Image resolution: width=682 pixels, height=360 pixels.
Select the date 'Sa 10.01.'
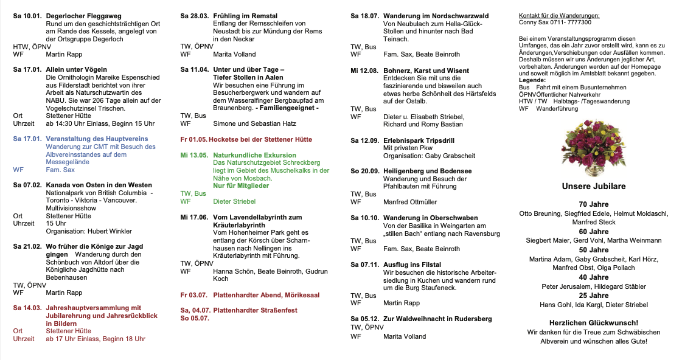[27, 16]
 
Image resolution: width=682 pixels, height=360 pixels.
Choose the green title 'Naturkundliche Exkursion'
[255, 156]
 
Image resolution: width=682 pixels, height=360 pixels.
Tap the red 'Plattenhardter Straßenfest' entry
[255, 311]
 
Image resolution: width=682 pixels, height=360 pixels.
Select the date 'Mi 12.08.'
[364, 71]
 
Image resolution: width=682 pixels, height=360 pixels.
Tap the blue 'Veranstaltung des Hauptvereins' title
[97, 139]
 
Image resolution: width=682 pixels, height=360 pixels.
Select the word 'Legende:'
[532, 80]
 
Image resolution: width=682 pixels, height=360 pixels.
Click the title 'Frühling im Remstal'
[245, 16]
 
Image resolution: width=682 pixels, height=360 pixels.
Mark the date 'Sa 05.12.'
[364, 319]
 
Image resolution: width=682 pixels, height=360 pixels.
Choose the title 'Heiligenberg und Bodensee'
[428, 171]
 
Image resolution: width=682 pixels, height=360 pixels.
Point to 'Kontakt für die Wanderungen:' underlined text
[558, 15]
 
